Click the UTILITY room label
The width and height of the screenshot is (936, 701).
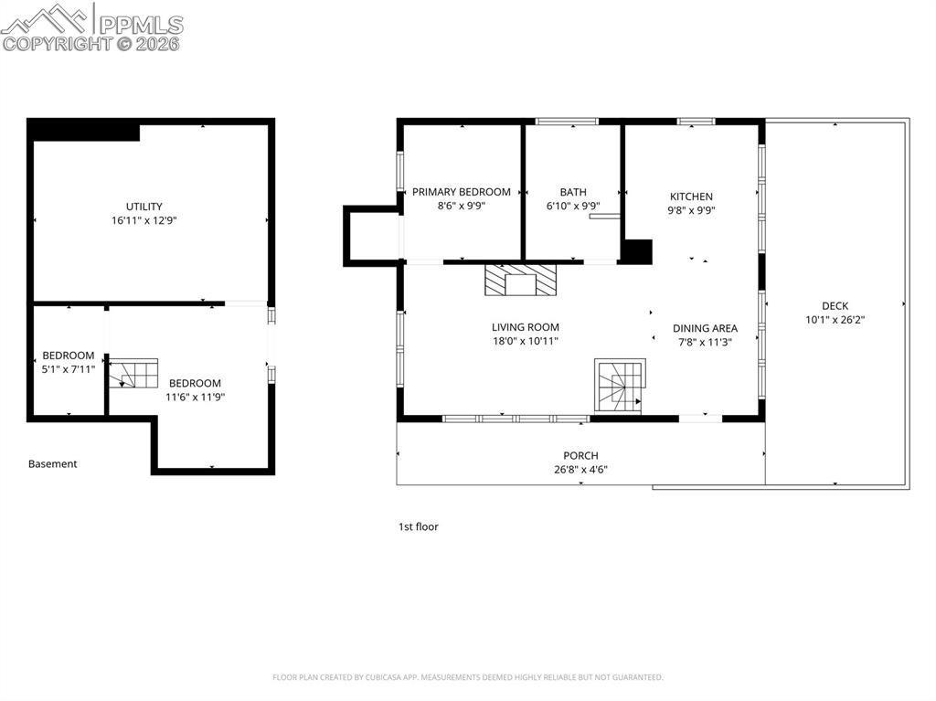click(144, 207)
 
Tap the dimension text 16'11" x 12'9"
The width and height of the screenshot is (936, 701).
click(144, 220)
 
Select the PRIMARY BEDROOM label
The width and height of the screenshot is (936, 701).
click(462, 192)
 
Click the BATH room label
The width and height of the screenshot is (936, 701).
click(573, 192)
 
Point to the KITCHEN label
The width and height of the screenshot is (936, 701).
click(691, 196)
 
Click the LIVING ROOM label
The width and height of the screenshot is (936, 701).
click(526, 327)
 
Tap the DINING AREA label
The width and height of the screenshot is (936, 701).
click(705, 328)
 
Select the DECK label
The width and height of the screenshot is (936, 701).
click(835, 306)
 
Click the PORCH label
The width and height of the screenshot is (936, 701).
click(580, 455)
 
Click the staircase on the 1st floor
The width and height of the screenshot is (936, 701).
click(621, 385)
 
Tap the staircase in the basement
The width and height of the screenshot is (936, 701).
click(133, 373)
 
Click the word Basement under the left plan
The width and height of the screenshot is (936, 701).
click(52, 464)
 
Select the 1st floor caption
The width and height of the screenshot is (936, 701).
click(419, 526)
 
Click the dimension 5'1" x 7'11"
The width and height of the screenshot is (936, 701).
click(68, 369)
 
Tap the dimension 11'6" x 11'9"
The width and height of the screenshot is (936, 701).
click(196, 397)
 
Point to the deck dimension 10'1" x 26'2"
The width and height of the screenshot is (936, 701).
click(835, 320)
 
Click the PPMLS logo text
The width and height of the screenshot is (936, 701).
click(141, 25)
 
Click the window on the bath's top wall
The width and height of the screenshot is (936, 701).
click(567, 122)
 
